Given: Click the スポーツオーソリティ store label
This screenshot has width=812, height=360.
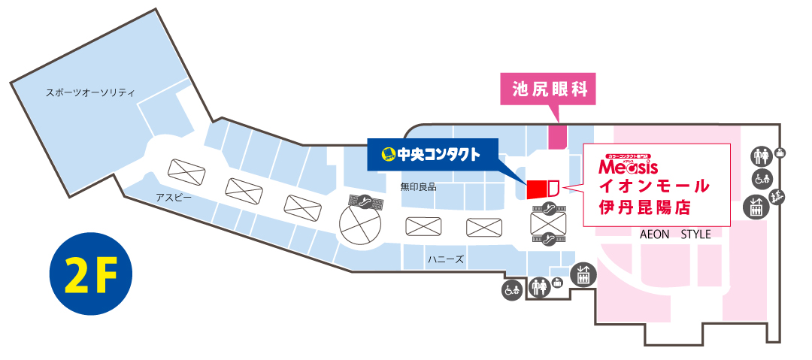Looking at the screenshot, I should [x=89, y=93].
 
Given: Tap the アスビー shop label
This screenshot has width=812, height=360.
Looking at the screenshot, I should [x=174, y=198].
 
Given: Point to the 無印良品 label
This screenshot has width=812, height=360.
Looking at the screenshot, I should [x=418, y=186].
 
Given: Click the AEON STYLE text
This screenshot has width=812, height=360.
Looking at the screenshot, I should [x=674, y=234].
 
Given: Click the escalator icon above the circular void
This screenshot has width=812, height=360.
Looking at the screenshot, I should [x=363, y=201].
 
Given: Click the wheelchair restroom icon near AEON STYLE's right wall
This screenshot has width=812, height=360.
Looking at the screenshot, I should [x=762, y=178].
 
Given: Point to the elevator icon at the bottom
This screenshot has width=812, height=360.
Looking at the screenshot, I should [x=583, y=275].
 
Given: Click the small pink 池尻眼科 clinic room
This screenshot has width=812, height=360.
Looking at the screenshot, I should [x=557, y=138].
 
